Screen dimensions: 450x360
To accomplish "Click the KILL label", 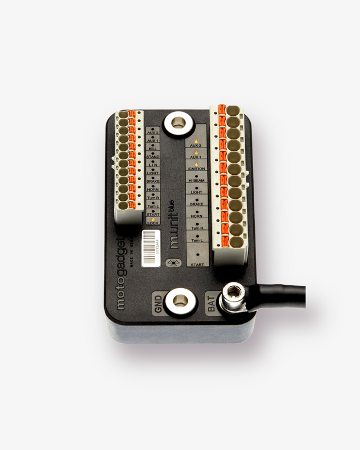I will pyautogui.click(x=152, y=147).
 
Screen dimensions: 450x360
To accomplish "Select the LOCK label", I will pyautogui.click(x=152, y=223).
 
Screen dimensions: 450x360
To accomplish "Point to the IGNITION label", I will pyautogui.click(x=196, y=169).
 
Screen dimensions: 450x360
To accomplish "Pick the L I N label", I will pyautogui.click(x=152, y=164).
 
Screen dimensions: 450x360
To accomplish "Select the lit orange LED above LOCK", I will pyautogui.click(x=152, y=219).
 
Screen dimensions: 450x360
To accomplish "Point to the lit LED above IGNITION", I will pyautogui.click(x=196, y=164).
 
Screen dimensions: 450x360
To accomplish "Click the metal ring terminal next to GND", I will pyautogui.click(x=180, y=299).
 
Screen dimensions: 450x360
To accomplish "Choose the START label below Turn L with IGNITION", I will pyautogui.click(x=197, y=264).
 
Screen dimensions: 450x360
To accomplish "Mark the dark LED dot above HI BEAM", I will pyautogui.click(x=196, y=175).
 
